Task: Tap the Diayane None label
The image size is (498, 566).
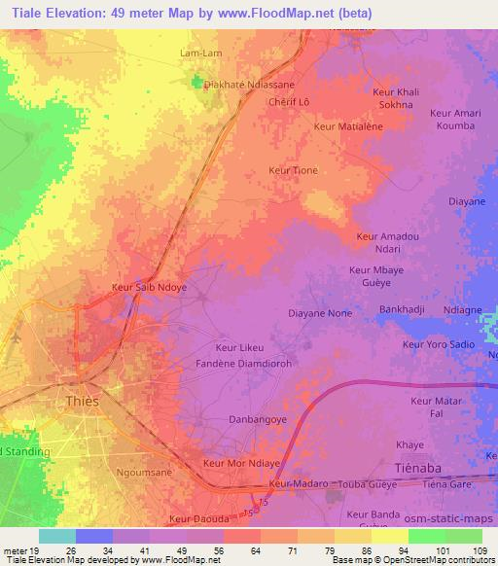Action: [320, 313]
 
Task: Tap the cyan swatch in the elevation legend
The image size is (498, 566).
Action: [56, 536]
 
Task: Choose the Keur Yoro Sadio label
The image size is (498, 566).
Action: [439, 344]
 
